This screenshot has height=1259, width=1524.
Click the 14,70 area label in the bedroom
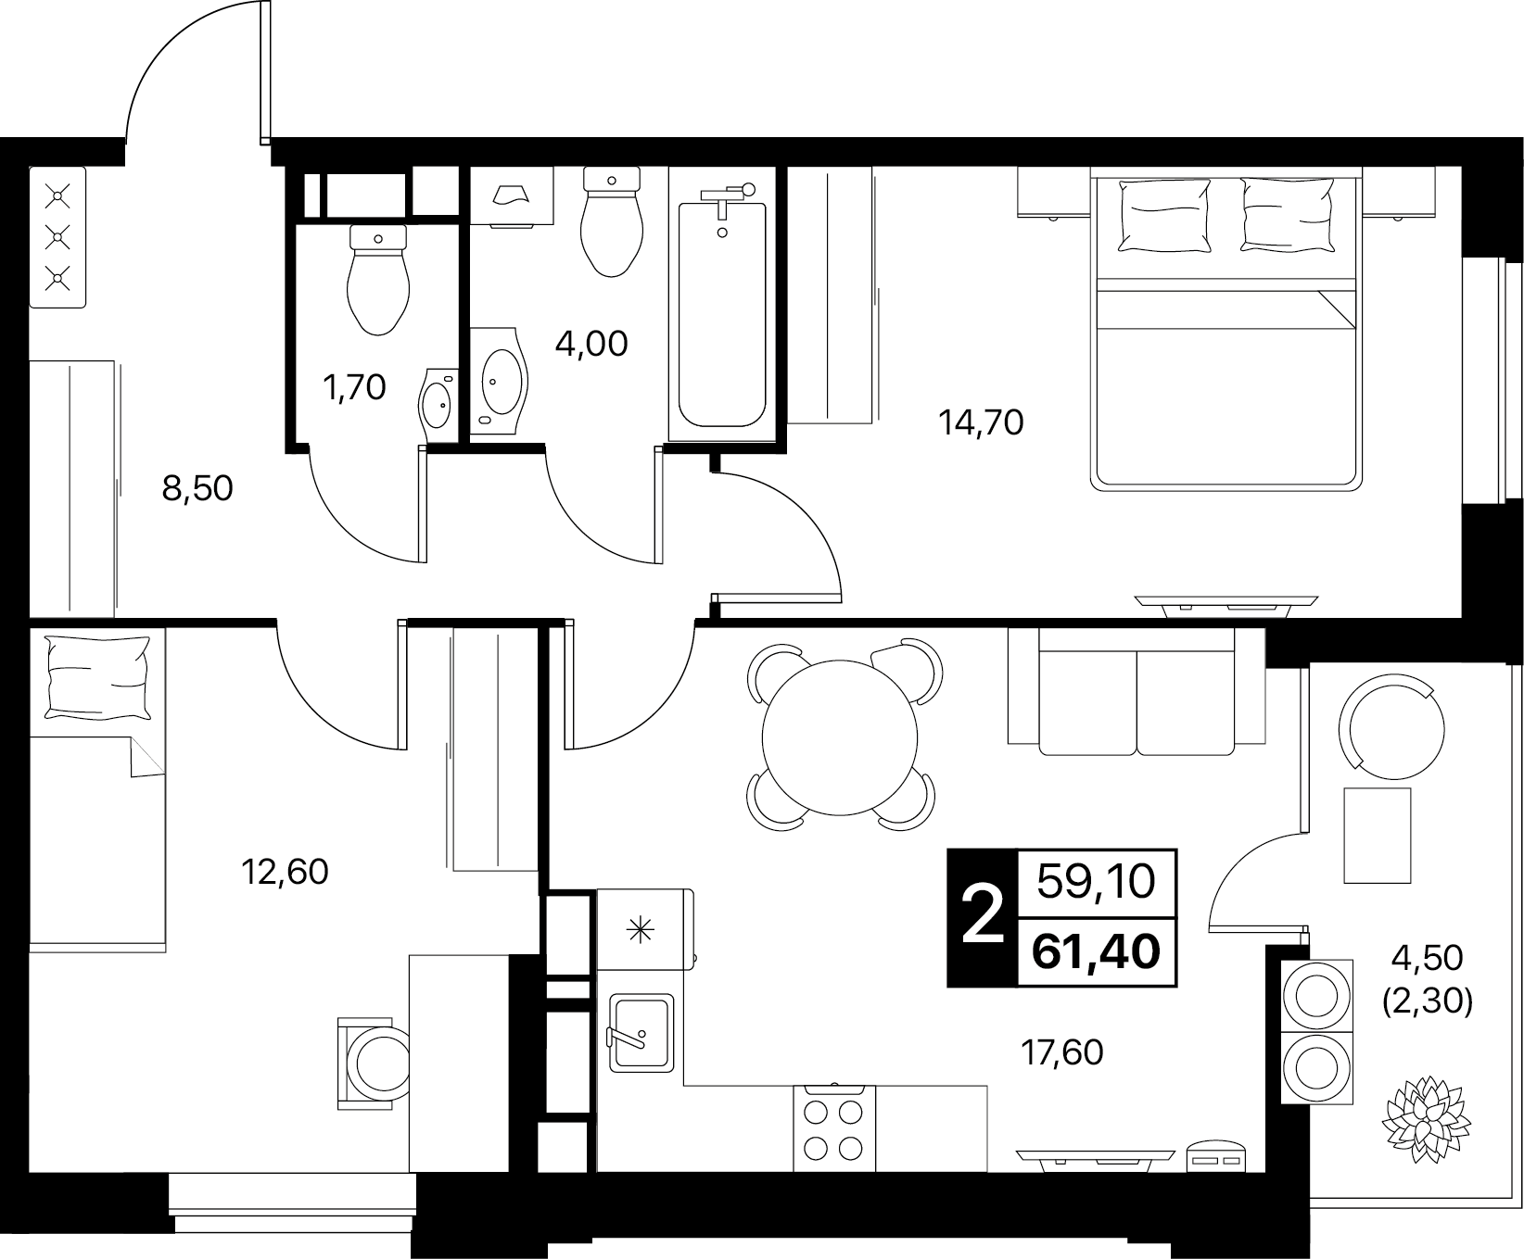click(x=981, y=423)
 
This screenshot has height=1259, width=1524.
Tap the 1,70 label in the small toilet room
click(x=353, y=387)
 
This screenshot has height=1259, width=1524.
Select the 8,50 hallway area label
click(x=197, y=487)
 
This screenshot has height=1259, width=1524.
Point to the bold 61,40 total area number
click(x=1097, y=951)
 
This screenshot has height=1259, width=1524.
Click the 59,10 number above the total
click(x=1097, y=881)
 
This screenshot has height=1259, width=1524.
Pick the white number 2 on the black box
click(x=983, y=914)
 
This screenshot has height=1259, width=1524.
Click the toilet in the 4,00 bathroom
click(x=612, y=221)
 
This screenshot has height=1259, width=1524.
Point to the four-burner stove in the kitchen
click(x=834, y=1127)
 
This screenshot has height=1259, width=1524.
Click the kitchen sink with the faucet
click(x=640, y=1032)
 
